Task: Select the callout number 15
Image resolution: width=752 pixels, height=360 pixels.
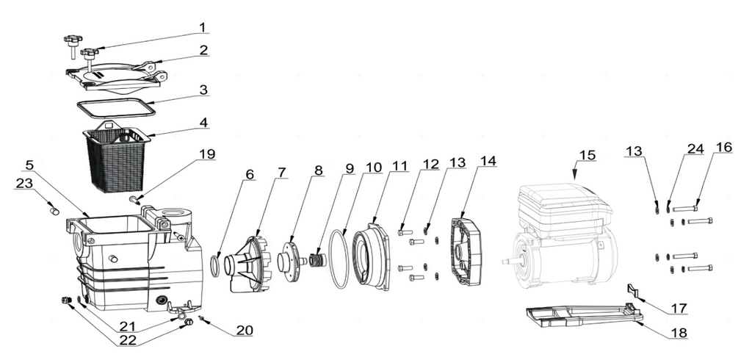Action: point(587,156)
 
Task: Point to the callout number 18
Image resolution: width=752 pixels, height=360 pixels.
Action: point(679,333)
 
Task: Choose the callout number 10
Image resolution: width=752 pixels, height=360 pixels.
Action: point(375,168)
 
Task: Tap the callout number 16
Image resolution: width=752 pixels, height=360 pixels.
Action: point(724,148)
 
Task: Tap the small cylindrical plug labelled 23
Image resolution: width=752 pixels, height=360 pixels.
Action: point(54,210)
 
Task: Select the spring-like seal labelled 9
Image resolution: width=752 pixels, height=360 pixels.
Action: point(317,259)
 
